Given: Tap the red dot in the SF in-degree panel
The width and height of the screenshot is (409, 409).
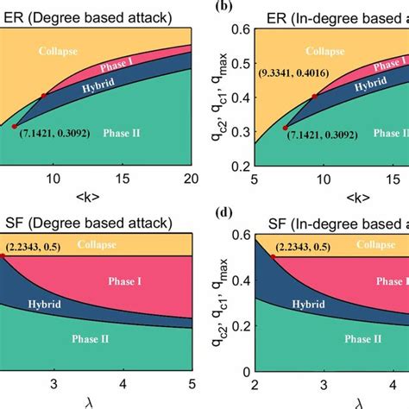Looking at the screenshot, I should [x=273, y=256].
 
